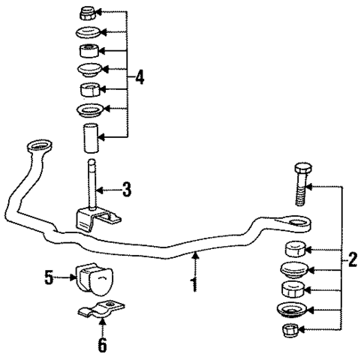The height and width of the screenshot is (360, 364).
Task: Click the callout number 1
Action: pyautogui.click(x=195, y=285)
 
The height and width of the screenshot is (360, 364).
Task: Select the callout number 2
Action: pyautogui.click(x=352, y=262)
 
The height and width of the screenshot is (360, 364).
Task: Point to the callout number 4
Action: pyautogui.click(x=140, y=77)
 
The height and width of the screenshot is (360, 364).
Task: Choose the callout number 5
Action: pyautogui.click(x=50, y=278)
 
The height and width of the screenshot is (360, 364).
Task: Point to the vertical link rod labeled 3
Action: pyautogui.click(x=90, y=184)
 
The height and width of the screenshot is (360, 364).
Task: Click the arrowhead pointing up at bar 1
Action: pyautogui.click(x=195, y=257)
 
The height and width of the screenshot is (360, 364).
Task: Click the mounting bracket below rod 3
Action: pyautogui.click(x=94, y=218)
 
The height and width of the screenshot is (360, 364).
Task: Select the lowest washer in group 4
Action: pyautogui.click(x=89, y=112)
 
